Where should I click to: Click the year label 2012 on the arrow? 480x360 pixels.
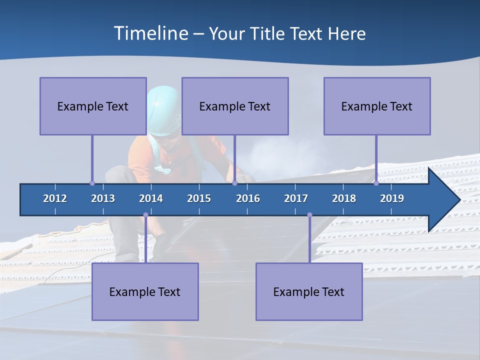[55, 198]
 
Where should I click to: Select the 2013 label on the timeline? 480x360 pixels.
[103, 198]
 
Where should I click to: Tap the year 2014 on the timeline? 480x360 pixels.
[151, 198]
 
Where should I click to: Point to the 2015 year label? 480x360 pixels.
[199, 198]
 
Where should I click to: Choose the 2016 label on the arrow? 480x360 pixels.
[248, 198]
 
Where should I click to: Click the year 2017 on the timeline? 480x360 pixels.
[296, 198]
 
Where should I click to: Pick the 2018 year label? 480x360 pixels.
[344, 198]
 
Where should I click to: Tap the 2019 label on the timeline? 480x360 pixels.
[392, 198]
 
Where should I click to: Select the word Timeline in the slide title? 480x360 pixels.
[149, 33]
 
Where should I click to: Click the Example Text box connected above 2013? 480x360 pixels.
[93, 106]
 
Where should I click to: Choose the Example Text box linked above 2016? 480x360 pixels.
[235, 106]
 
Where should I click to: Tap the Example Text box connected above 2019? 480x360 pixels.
[377, 106]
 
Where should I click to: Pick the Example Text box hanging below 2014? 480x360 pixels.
[145, 291]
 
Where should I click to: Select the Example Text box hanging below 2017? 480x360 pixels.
[309, 291]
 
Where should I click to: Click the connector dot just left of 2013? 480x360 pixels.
[92, 183]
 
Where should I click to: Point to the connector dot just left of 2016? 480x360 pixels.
[234, 183]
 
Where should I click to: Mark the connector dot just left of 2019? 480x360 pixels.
[376, 183]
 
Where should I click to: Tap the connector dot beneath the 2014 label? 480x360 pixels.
[145, 215]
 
